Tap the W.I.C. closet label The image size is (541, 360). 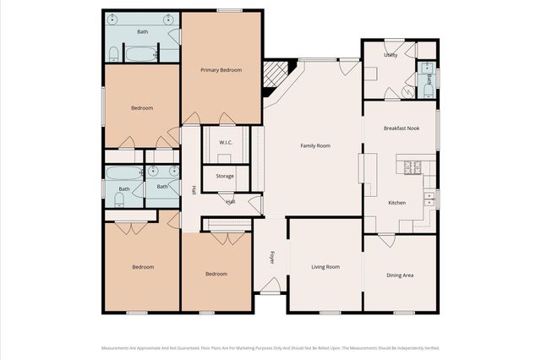226,143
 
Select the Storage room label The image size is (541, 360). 225,176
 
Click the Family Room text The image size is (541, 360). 315,145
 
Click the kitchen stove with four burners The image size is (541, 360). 414,167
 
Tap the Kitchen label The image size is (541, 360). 396,203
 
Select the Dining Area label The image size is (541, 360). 400,275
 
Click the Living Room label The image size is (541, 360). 325,267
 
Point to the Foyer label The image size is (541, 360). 272,257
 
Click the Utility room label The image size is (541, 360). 391,54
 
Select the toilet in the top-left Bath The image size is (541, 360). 113,54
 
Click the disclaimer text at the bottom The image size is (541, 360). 270,347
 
